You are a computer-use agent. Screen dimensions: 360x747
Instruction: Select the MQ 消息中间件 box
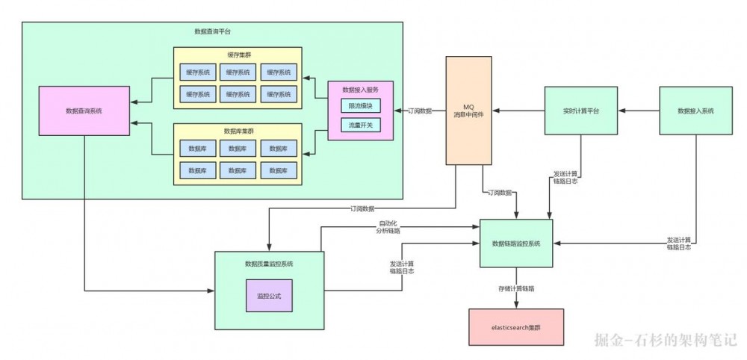tap(468, 110)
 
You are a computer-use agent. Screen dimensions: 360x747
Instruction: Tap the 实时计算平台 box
tap(580, 111)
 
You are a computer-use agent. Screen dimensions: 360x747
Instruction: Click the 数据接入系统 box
tap(695, 111)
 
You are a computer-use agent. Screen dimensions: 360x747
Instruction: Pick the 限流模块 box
tap(360, 107)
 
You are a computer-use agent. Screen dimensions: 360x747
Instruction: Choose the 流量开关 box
tap(360, 125)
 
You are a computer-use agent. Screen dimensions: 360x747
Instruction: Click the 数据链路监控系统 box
tap(516, 243)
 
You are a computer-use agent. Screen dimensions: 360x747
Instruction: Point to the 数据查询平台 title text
tap(212, 32)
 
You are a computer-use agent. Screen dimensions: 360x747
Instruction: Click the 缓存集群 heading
tap(237, 55)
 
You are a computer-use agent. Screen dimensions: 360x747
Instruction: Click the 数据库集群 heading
tap(237, 130)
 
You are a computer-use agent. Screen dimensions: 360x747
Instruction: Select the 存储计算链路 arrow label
tap(516, 288)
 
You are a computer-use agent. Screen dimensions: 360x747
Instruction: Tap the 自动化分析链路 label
tap(388, 227)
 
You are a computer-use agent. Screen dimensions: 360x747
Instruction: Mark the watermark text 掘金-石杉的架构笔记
tap(666, 341)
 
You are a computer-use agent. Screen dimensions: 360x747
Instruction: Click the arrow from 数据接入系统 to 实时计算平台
tap(639, 111)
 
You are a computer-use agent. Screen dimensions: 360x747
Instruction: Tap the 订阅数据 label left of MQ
tap(421, 111)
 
